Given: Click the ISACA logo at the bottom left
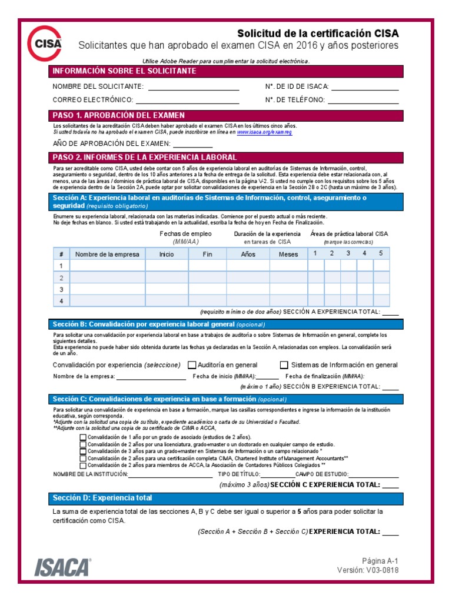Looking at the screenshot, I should click(x=62, y=567).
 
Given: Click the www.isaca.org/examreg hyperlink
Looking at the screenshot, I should click(x=264, y=132).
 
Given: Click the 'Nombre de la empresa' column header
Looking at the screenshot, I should click(x=107, y=255).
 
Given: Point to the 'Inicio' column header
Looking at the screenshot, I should click(x=167, y=255).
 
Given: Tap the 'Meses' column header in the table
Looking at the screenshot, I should click(x=288, y=255).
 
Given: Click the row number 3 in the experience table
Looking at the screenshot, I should click(x=61, y=289).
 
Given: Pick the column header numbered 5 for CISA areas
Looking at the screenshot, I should click(x=381, y=253).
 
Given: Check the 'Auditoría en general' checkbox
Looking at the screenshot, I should click(x=192, y=365).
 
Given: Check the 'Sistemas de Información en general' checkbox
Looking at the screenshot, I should click(x=284, y=365).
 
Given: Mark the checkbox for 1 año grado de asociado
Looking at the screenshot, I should click(x=83, y=437).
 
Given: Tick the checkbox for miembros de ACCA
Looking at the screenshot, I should click(x=83, y=464).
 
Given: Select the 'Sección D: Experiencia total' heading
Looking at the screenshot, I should click(x=102, y=498).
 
